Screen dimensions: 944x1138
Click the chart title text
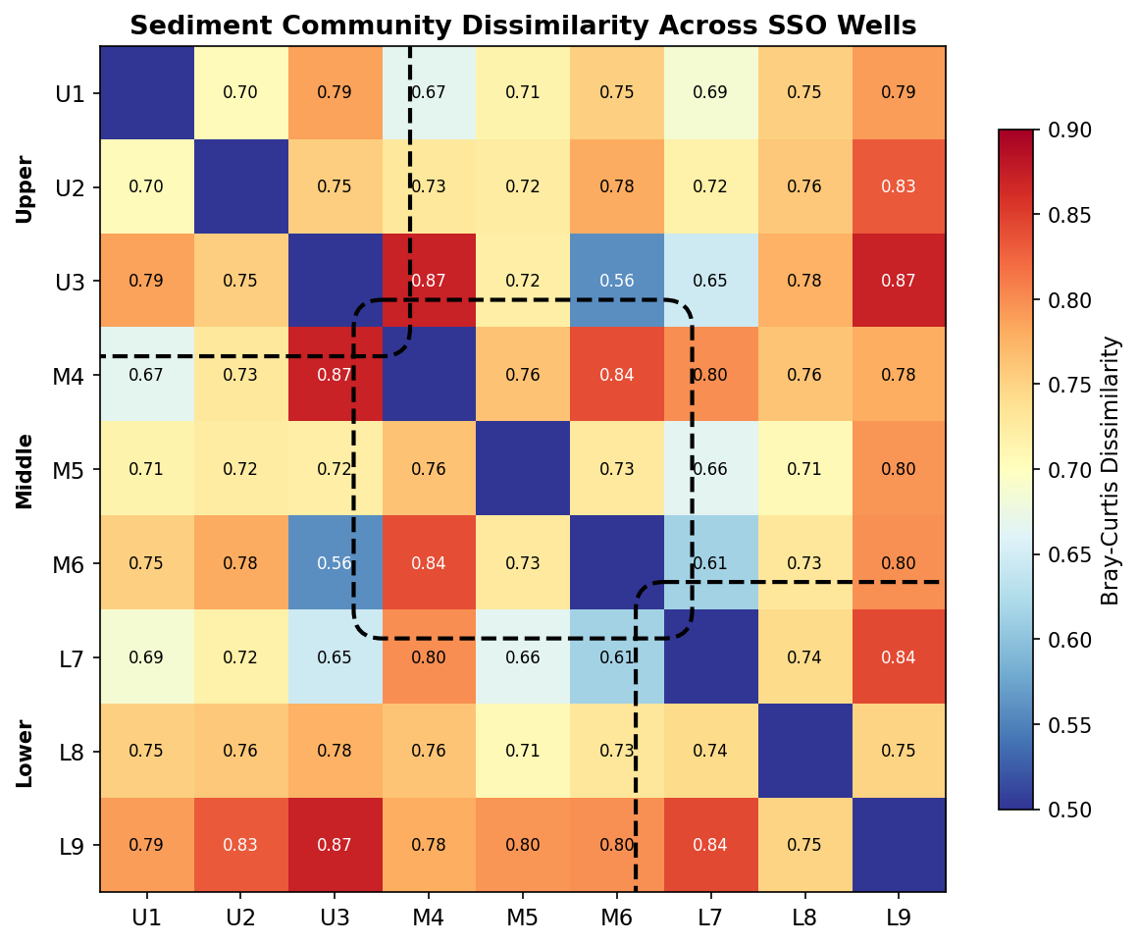tap(523, 26)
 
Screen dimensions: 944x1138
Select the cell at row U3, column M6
tap(617, 281)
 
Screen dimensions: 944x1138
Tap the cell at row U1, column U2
tap(240, 93)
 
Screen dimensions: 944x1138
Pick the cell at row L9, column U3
tap(335, 845)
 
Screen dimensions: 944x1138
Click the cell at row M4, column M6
tap(617, 375)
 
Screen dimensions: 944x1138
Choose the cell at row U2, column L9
tap(899, 186)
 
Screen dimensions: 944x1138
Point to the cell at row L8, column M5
tap(523, 751)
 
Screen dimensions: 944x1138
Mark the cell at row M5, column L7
tap(710, 469)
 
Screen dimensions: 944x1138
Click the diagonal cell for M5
tap(523, 469)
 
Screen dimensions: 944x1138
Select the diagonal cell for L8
tap(804, 751)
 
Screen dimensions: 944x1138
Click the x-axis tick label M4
tap(429, 918)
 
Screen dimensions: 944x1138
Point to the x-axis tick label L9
tap(899, 918)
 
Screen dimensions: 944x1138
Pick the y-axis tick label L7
tap(72, 657)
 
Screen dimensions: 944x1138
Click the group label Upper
tap(25, 188)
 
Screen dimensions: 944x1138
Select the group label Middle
tap(25, 470)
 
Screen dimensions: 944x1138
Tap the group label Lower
tap(25, 753)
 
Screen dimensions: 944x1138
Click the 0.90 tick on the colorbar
tap(1064, 130)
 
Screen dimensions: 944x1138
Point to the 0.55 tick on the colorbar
tap(1064, 725)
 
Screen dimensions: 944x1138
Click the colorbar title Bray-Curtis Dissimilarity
tap(1111, 470)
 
